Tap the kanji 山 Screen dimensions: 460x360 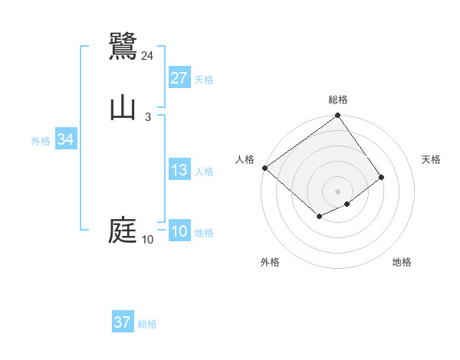(x=123, y=108)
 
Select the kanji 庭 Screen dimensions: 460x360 (x=123, y=231)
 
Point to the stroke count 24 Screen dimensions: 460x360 (x=148, y=55)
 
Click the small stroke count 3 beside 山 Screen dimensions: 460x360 (x=148, y=116)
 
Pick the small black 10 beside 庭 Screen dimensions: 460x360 (x=148, y=240)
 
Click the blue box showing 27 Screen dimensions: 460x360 (x=179, y=78)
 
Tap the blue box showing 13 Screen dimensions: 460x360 (x=179, y=170)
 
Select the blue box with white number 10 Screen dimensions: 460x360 (x=179, y=231)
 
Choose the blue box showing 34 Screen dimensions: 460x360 (x=66, y=139)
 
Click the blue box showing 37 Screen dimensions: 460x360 (x=123, y=322)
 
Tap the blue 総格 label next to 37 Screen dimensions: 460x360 (x=147, y=324)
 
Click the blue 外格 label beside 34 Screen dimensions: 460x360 (x=41, y=141)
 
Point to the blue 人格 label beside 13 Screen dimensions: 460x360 (x=204, y=172)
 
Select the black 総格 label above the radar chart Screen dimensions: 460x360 (x=338, y=100)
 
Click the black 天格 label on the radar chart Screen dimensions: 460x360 (x=431, y=159)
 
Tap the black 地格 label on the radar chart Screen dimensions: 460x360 (x=402, y=262)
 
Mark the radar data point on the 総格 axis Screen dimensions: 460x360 (x=338, y=117)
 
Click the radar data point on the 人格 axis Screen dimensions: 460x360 (x=264, y=168)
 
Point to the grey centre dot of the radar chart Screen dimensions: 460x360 (x=338, y=191)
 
